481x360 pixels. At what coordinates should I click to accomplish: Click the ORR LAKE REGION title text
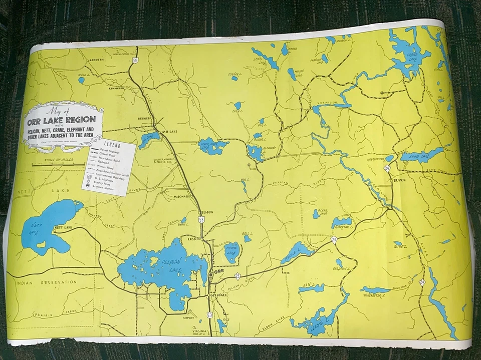(63, 120)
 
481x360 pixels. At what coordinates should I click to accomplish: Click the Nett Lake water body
(48, 228)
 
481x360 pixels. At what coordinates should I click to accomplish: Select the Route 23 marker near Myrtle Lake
(334, 241)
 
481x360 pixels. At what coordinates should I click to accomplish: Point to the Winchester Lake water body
(375, 290)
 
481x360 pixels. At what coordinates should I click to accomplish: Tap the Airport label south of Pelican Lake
(189, 317)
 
